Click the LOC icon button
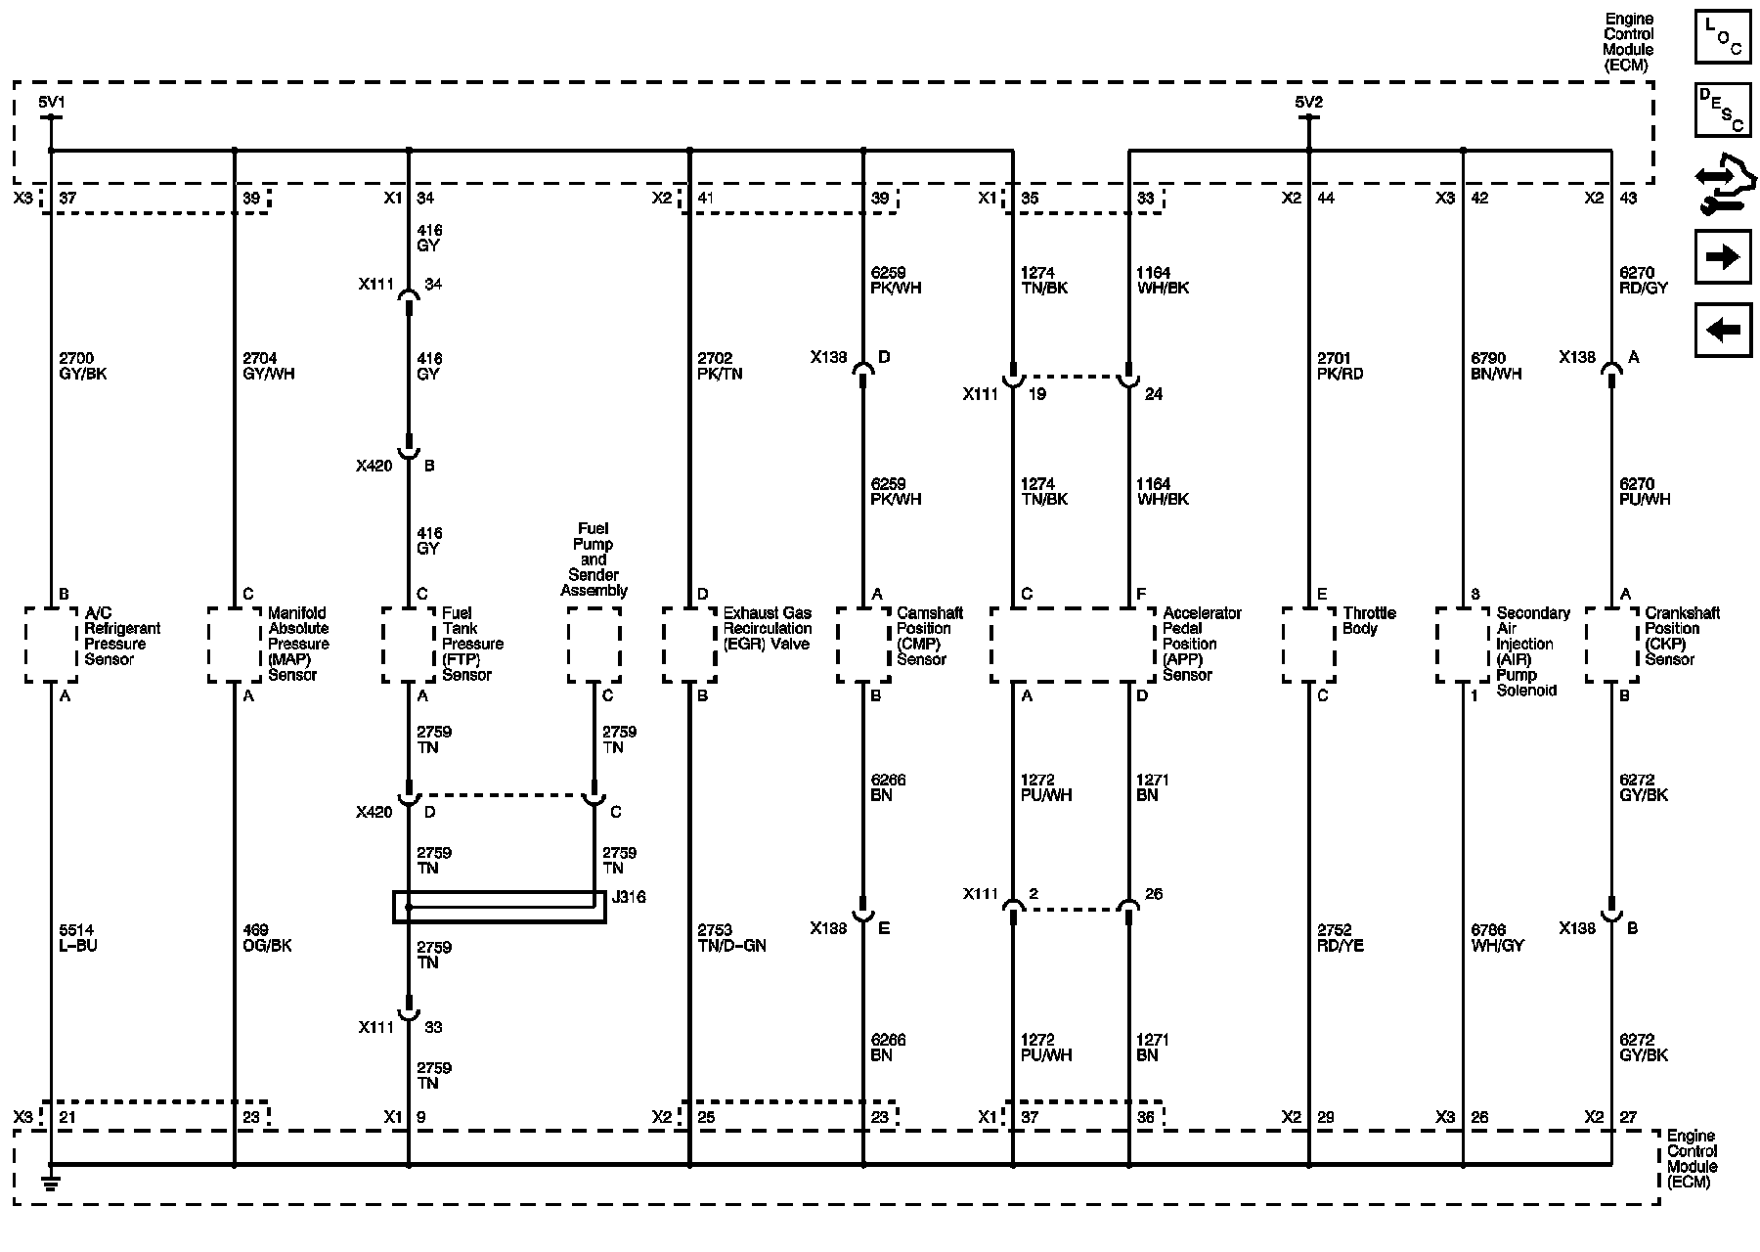pos(1722,37)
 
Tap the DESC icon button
pos(1722,110)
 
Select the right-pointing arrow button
pos(1722,256)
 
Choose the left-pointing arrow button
pos(1722,330)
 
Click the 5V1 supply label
pos(52,102)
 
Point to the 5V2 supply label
pos(1308,102)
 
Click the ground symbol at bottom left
pos(51,1186)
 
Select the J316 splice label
pos(628,897)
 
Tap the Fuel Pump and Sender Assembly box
pos(594,645)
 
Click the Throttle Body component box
pos(1308,645)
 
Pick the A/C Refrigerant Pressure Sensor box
pos(51,645)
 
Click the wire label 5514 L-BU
pos(78,938)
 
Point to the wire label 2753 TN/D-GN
pos(731,938)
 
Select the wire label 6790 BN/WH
pos(1496,366)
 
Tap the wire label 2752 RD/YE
pos(1341,938)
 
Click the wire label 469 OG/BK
pos(267,938)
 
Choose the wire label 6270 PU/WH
pos(1645,491)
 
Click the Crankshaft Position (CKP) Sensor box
pos(1611,645)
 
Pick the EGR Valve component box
pos(689,645)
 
